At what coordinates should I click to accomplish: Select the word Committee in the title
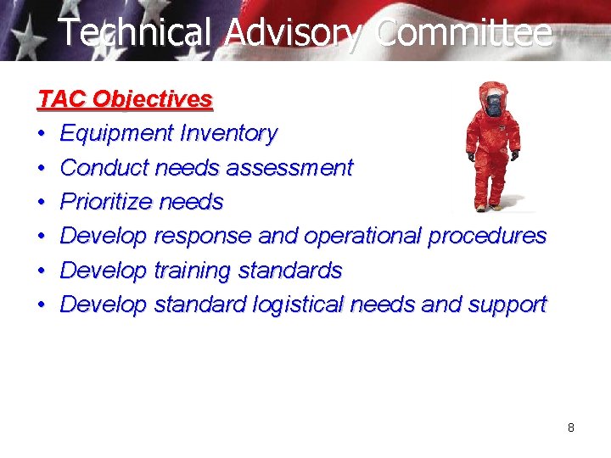[x=463, y=33]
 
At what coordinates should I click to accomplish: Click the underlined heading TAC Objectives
[x=126, y=99]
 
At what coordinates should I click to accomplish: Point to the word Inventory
[x=228, y=133]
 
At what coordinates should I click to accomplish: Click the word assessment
[x=296, y=168]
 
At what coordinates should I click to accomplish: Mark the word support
[x=507, y=305]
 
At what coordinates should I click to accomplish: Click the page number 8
[x=571, y=427]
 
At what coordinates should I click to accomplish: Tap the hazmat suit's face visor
[x=493, y=105]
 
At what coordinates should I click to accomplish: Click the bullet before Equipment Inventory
[x=42, y=134]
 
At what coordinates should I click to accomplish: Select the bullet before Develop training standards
[x=42, y=271]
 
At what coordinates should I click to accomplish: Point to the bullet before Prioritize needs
[x=42, y=203]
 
